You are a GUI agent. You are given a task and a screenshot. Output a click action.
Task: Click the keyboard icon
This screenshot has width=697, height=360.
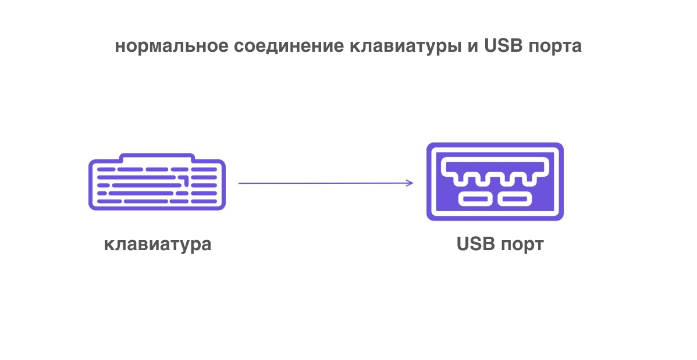[x=157, y=182]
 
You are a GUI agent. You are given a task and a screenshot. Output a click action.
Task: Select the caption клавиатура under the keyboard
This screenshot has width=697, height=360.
[x=157, y=244]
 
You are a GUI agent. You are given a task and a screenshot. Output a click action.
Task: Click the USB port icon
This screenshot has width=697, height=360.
[x=495, y=181]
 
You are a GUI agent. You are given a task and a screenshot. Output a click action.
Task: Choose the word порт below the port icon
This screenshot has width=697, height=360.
[x=522, y=244]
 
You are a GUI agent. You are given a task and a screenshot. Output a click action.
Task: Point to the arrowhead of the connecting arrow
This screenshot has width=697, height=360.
[x=411, y=183]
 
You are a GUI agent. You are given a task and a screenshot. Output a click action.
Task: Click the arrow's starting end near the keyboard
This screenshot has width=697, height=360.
[x=240, y=183]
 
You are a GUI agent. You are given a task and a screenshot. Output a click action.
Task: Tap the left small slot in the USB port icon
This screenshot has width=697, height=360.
[x=475, y=199]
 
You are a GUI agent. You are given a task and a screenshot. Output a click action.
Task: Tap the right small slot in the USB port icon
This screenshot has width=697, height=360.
[x=515, y=199]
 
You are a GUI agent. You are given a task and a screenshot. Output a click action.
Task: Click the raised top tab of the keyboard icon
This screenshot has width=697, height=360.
[x=157, y=157]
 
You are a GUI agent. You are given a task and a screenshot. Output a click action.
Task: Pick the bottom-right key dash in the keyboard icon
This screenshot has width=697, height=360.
[x=210, y=201]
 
